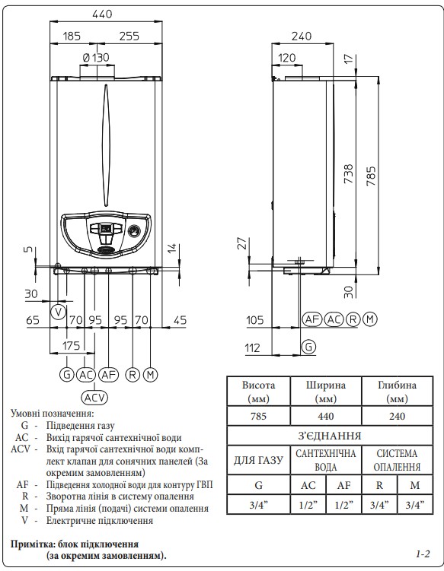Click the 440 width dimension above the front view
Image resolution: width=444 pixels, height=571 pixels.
pyautogui.click(x=103, y=14)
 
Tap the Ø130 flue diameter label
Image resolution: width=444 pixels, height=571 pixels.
pyautogui.click(x=96, y=57)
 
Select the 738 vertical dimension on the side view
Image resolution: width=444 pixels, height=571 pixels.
pyautogui.click(x=349, y=173)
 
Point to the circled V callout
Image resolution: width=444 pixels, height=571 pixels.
pyautogui.click(x=58, y=312)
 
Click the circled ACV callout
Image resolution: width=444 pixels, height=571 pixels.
pyautogui.click(x=94, y=398)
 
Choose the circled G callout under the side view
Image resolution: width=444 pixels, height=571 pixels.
pyautogui.click(x=308, y=346)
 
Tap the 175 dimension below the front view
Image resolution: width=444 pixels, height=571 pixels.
pyautogui.click(x=71, y=346)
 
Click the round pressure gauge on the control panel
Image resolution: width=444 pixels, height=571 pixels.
pyautogui.click(x=133, y=231)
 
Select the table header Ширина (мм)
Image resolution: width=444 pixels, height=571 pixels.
pyautogui.click(x=325, y=392)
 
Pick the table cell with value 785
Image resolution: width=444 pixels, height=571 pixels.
pyautogui.click(x=258, y=416)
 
